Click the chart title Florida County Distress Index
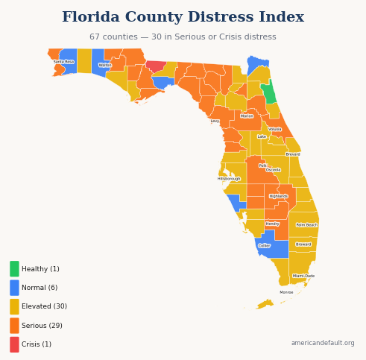pos(183,17)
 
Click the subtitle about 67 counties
pos(183,37)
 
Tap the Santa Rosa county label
pos(63,62)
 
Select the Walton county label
pos(105,65)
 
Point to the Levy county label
pos(215,121)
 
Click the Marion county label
pos(247,116)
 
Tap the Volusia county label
pos(275,129)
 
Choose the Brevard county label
pos(293,154)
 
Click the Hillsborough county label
pos(229,179)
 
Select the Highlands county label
pos(278,196)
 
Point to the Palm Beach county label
pos(306,224)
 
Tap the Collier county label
pos(264,245)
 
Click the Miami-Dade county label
pos(303,276)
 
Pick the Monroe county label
pos(286,292)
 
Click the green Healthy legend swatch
pos(14,269)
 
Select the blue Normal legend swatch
pos(14,288)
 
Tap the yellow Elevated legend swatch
pos(14,306)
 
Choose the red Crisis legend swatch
pos(14,344)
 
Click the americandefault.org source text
pos(323,343)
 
